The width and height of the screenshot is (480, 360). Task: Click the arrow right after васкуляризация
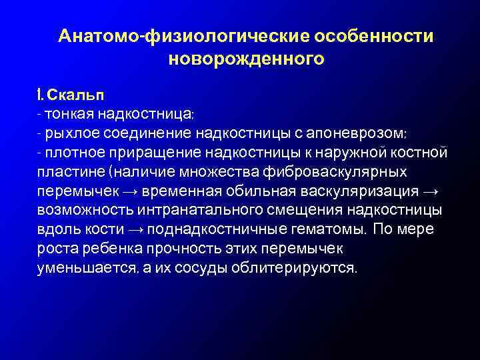[x=429, y=191]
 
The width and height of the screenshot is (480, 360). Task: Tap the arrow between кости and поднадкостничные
[x=136, y=230]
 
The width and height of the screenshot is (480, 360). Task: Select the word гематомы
[x=327, y=230]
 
